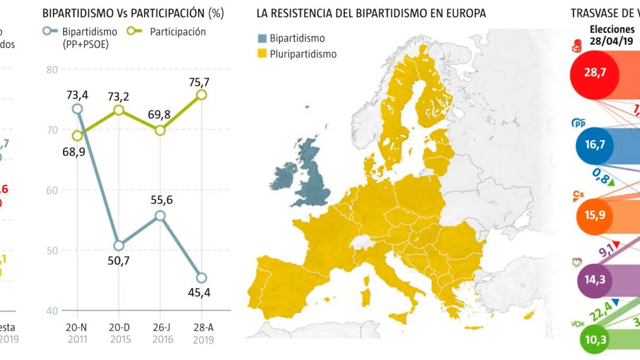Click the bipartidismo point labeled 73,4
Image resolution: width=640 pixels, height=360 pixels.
click(77, 109)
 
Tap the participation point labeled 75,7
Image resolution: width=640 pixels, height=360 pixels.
click(201, 95)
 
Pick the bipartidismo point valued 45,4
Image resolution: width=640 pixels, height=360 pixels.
click(201, 278)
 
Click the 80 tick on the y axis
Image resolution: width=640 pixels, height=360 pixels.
click(52, 70)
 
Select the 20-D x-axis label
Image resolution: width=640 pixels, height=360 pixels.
click(119, 327)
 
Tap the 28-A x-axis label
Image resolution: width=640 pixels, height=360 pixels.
click(203, 327)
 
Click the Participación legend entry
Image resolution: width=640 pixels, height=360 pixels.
click(178, 32)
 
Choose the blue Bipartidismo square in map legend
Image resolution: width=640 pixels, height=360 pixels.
click(262, 38)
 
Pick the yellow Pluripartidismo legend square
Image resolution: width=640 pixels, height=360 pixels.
click(262, 54)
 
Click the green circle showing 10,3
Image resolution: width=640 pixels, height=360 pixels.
click(595, 339)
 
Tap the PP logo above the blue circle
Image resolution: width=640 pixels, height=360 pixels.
click(578, 123)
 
